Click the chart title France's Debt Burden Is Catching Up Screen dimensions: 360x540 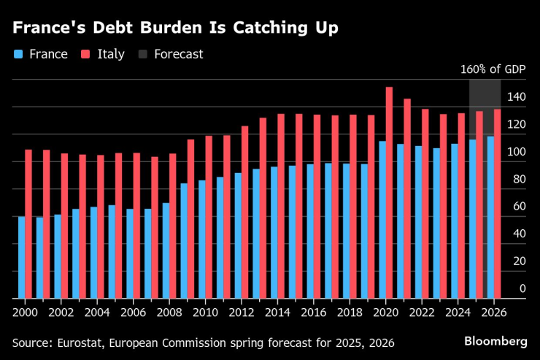(x=175, y=28)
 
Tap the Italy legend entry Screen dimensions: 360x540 (x=104, y=54)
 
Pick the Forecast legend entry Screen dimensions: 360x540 (x=171, y=54)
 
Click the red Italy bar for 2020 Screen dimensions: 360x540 (x=389, y=193)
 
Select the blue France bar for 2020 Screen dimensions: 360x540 (x=382, y=220)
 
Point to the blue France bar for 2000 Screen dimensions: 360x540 (x=21, y=257)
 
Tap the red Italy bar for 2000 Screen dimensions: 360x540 (x=28, y=224)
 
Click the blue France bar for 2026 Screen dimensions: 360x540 (x=490, y=218)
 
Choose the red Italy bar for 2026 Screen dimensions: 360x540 (x=497, y=204)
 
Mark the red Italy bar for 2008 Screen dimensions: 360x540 (x=172, y=226)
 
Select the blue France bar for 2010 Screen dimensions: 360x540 (x=201, y=240)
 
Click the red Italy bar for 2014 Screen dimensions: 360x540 (x=281, y=206)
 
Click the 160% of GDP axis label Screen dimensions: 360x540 (x=493, y=71)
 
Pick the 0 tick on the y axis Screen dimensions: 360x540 (x=522, y=289)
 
